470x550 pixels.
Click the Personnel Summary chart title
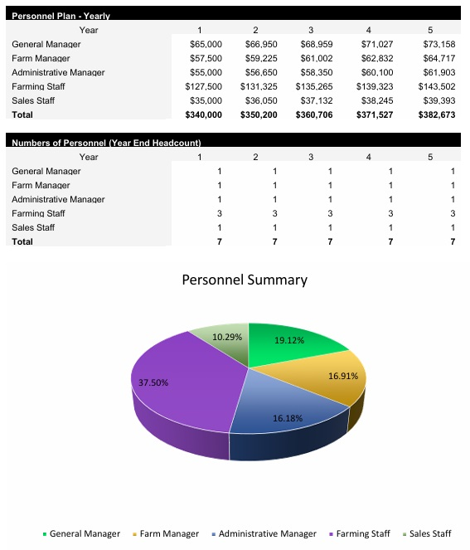pyautogui.click(x=244, y=280)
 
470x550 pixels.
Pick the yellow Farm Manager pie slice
pyautogui.click(x=332, y=382)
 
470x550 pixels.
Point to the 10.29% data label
pyautogui.click(x=226, y=337)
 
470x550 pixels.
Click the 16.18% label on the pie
pyautogui.click(x=288, y=418)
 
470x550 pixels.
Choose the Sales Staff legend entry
pyautogui.click(x=429, y=533)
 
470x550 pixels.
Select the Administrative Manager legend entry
pyautogui.click(x=267, y=533)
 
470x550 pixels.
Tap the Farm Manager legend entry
pyautogui.click(x=169, y=533)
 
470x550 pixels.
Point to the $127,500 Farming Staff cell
pyautogui.click(x=204, y=86)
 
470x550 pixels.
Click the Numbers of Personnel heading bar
pyautogui.click(x=106, y=143)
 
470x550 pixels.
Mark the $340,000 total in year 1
pyautogui.click(x=204, y=114)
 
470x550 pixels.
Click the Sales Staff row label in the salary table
pyautogui.click(x=33, y=100)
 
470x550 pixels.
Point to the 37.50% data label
pyautogui.click(x=153, y=382)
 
